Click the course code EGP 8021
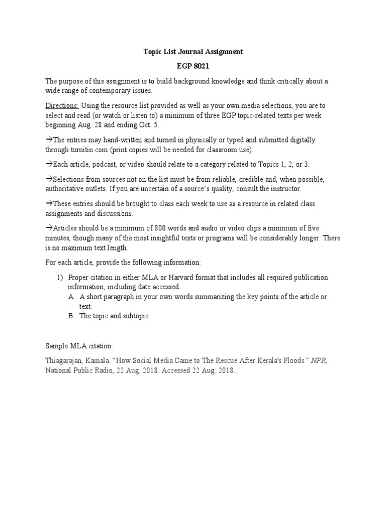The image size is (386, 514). coord(194,66)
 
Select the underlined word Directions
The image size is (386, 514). coord(62,105)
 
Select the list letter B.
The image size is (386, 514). coord(71,316)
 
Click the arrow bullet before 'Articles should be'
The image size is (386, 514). coord(49,228)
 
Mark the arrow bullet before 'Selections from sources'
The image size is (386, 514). coord(49,179)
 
